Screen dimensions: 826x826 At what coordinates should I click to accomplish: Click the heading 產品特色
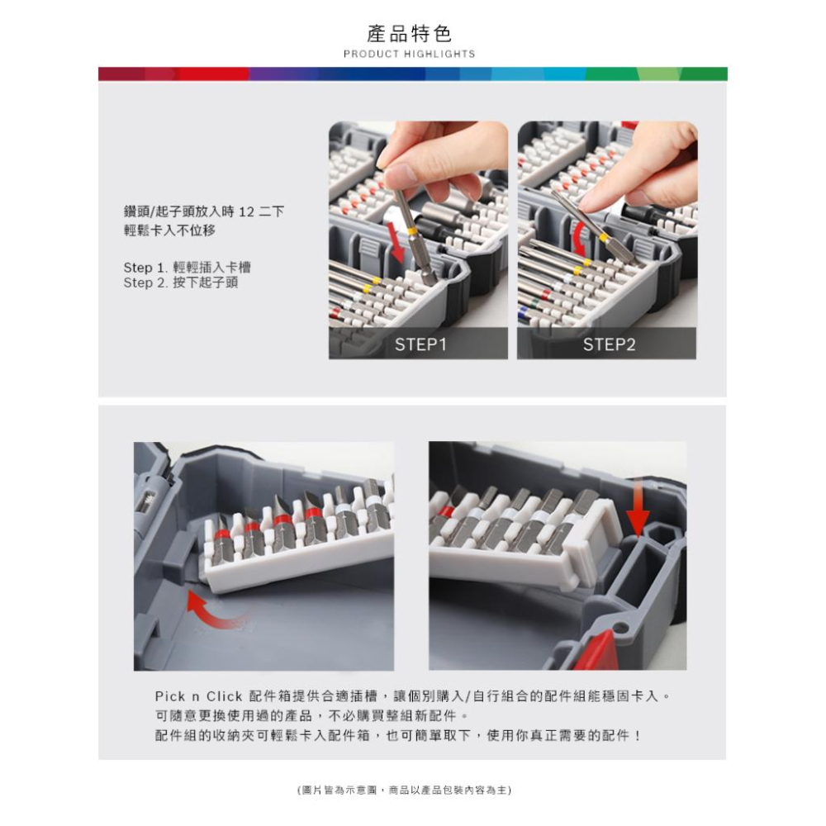[x=410, y=34]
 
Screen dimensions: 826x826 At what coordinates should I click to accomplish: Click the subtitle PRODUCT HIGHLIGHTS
[x=410, y=54]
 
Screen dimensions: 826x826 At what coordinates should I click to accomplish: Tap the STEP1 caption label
[x=420, y=344]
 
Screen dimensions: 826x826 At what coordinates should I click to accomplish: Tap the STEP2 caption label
[x=609, y=344]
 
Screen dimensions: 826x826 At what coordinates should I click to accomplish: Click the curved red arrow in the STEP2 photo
[x=578, y=238]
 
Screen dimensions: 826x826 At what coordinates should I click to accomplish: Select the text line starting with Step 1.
[x=187, y=267]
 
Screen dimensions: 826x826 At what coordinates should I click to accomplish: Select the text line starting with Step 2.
[x=181, y=282]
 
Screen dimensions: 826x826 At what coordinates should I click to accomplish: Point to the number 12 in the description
[x=246, y=211]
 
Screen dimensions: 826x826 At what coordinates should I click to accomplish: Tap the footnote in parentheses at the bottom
[x=404, y=790]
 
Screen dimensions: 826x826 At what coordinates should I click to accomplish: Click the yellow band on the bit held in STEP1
[x=411, y=230]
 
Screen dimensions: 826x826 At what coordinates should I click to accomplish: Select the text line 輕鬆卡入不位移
[x=169, y=230]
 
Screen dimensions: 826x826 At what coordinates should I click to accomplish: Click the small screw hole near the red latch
[x=622, y=628]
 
